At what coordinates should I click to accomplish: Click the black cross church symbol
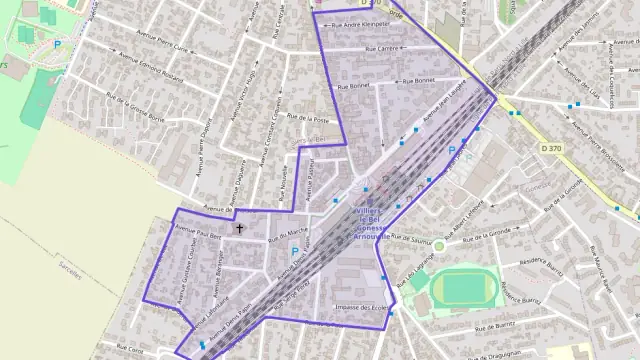tap(238, 229)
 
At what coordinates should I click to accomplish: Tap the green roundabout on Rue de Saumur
tap(438, 244)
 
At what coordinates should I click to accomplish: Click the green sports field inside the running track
tap(462, 288)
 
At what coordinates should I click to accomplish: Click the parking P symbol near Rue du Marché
tap(294, 251)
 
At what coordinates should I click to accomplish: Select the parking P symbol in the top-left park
tap(57, 45)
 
